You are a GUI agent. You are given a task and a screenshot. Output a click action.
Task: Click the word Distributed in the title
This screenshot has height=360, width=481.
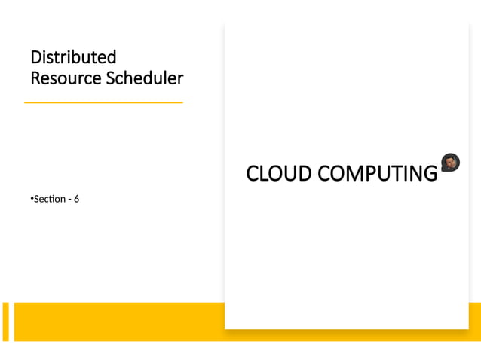point(73,57)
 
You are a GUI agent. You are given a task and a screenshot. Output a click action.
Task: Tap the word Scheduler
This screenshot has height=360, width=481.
point(145,78)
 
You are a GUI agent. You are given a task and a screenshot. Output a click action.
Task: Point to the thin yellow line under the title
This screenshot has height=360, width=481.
point(103,102)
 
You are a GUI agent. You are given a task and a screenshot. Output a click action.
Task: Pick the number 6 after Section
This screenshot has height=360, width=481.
point(77,200)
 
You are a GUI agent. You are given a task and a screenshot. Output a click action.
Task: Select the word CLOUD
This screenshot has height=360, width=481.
point(279,174)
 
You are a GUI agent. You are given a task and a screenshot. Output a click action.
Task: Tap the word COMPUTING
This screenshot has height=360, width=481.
point(377,174)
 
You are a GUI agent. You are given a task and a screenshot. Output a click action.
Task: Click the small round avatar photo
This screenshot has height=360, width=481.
point(450,162)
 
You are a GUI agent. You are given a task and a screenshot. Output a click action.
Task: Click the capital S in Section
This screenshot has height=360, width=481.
point(36,200)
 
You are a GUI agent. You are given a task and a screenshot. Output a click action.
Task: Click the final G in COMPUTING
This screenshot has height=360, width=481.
point(430,174)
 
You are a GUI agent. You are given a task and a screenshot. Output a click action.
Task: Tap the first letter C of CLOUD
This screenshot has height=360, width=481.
point(252,174)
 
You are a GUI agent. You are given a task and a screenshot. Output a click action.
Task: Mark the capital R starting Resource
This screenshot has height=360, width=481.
point(35,78)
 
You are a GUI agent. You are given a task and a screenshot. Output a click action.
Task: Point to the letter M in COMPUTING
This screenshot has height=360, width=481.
point(352,174)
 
